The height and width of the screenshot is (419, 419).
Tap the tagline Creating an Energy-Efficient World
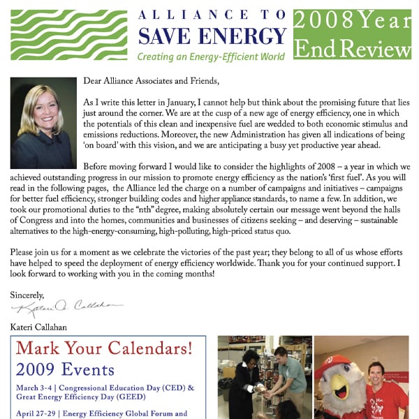[x=212, y=57]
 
